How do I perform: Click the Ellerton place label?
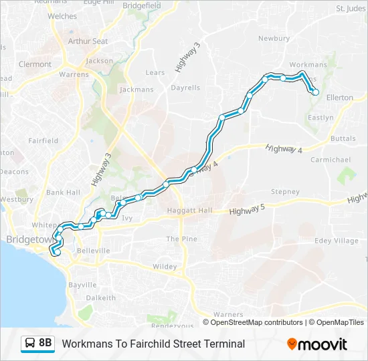(x=339, y=98)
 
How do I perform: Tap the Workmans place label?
(x=308, y=65)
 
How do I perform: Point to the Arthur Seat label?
(x=88, y=41)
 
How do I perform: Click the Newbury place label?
(x=274, y=39)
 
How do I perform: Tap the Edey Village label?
(x=337, y=241)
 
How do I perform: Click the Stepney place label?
(x=285, y=192)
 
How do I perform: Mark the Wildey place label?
(x=165, y=266)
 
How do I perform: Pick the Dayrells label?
(x=185, y=88)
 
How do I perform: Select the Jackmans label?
(x=136, y=90)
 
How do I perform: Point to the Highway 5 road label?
(x=247, y=211)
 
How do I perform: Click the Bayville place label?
(x=83, y=285)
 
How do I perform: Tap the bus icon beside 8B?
(x=30, y=344)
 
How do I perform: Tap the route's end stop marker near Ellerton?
(x=316, y=93)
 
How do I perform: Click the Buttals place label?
(x=343, y=138)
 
